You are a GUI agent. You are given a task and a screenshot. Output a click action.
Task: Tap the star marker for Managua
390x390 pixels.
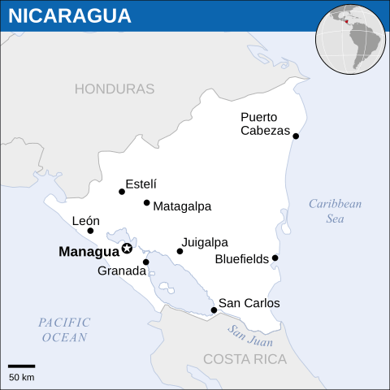127,249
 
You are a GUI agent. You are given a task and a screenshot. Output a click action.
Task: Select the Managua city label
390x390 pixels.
89,252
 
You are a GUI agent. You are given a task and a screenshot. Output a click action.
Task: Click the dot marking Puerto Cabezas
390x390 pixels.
296,136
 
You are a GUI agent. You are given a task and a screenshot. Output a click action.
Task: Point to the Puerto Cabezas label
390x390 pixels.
265,123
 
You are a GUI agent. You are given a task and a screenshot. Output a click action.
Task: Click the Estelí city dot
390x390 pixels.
122,192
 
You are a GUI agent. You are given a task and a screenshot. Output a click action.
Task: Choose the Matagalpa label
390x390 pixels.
182,206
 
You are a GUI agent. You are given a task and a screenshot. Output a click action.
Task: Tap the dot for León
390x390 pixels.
90,231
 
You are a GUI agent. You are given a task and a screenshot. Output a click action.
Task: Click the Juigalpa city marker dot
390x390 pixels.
180,251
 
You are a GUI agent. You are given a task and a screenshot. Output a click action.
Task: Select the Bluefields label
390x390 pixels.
241,260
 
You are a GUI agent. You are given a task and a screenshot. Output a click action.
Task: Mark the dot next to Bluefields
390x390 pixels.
275,258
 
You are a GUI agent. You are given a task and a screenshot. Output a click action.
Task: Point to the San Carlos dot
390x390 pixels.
214,310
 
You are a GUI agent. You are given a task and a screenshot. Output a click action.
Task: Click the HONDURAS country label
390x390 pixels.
115,89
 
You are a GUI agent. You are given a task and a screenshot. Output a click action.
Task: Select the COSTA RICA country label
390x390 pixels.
245,359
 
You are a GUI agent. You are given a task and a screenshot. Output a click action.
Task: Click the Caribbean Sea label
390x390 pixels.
335,211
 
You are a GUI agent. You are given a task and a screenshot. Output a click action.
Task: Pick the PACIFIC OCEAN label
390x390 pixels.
65,330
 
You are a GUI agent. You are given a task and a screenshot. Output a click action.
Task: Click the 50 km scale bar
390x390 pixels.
22,366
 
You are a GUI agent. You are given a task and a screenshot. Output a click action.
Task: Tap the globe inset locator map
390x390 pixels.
351,39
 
